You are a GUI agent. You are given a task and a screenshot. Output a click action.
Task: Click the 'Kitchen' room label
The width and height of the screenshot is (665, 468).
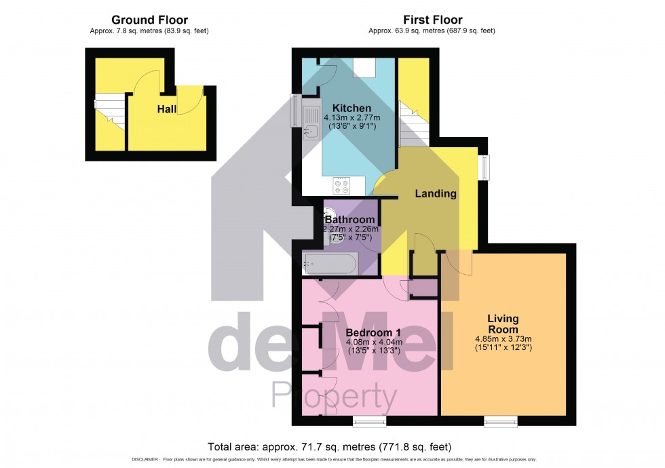click(x=351, y=108)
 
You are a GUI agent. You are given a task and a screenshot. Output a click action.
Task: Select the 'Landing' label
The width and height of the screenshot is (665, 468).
click(x=436, y=193)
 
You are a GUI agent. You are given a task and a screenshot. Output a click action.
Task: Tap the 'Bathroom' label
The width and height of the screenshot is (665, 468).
click(x=349, y=220)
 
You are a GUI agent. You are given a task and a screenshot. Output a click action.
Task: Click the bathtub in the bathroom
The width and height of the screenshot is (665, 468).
click(x=330, y=264)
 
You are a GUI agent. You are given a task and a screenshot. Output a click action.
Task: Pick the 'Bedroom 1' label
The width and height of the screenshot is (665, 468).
click(x=374, y=332)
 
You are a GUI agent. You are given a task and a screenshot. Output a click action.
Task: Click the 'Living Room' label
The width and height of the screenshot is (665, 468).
click(x=503, y=324)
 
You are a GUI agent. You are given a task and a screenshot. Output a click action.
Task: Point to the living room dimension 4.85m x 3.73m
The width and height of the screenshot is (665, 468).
click(x=503, y=339)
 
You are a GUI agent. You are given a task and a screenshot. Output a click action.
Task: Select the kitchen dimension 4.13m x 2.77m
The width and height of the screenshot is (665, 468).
click(x=351, y=118)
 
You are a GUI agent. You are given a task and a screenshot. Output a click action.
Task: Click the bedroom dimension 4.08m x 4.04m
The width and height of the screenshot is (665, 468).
click(x=374, y=342)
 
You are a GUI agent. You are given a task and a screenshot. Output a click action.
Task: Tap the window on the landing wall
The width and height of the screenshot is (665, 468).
click(x=483, y=168)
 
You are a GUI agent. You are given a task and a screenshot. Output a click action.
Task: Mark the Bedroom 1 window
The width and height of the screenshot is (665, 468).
click(x=369, y=422)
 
